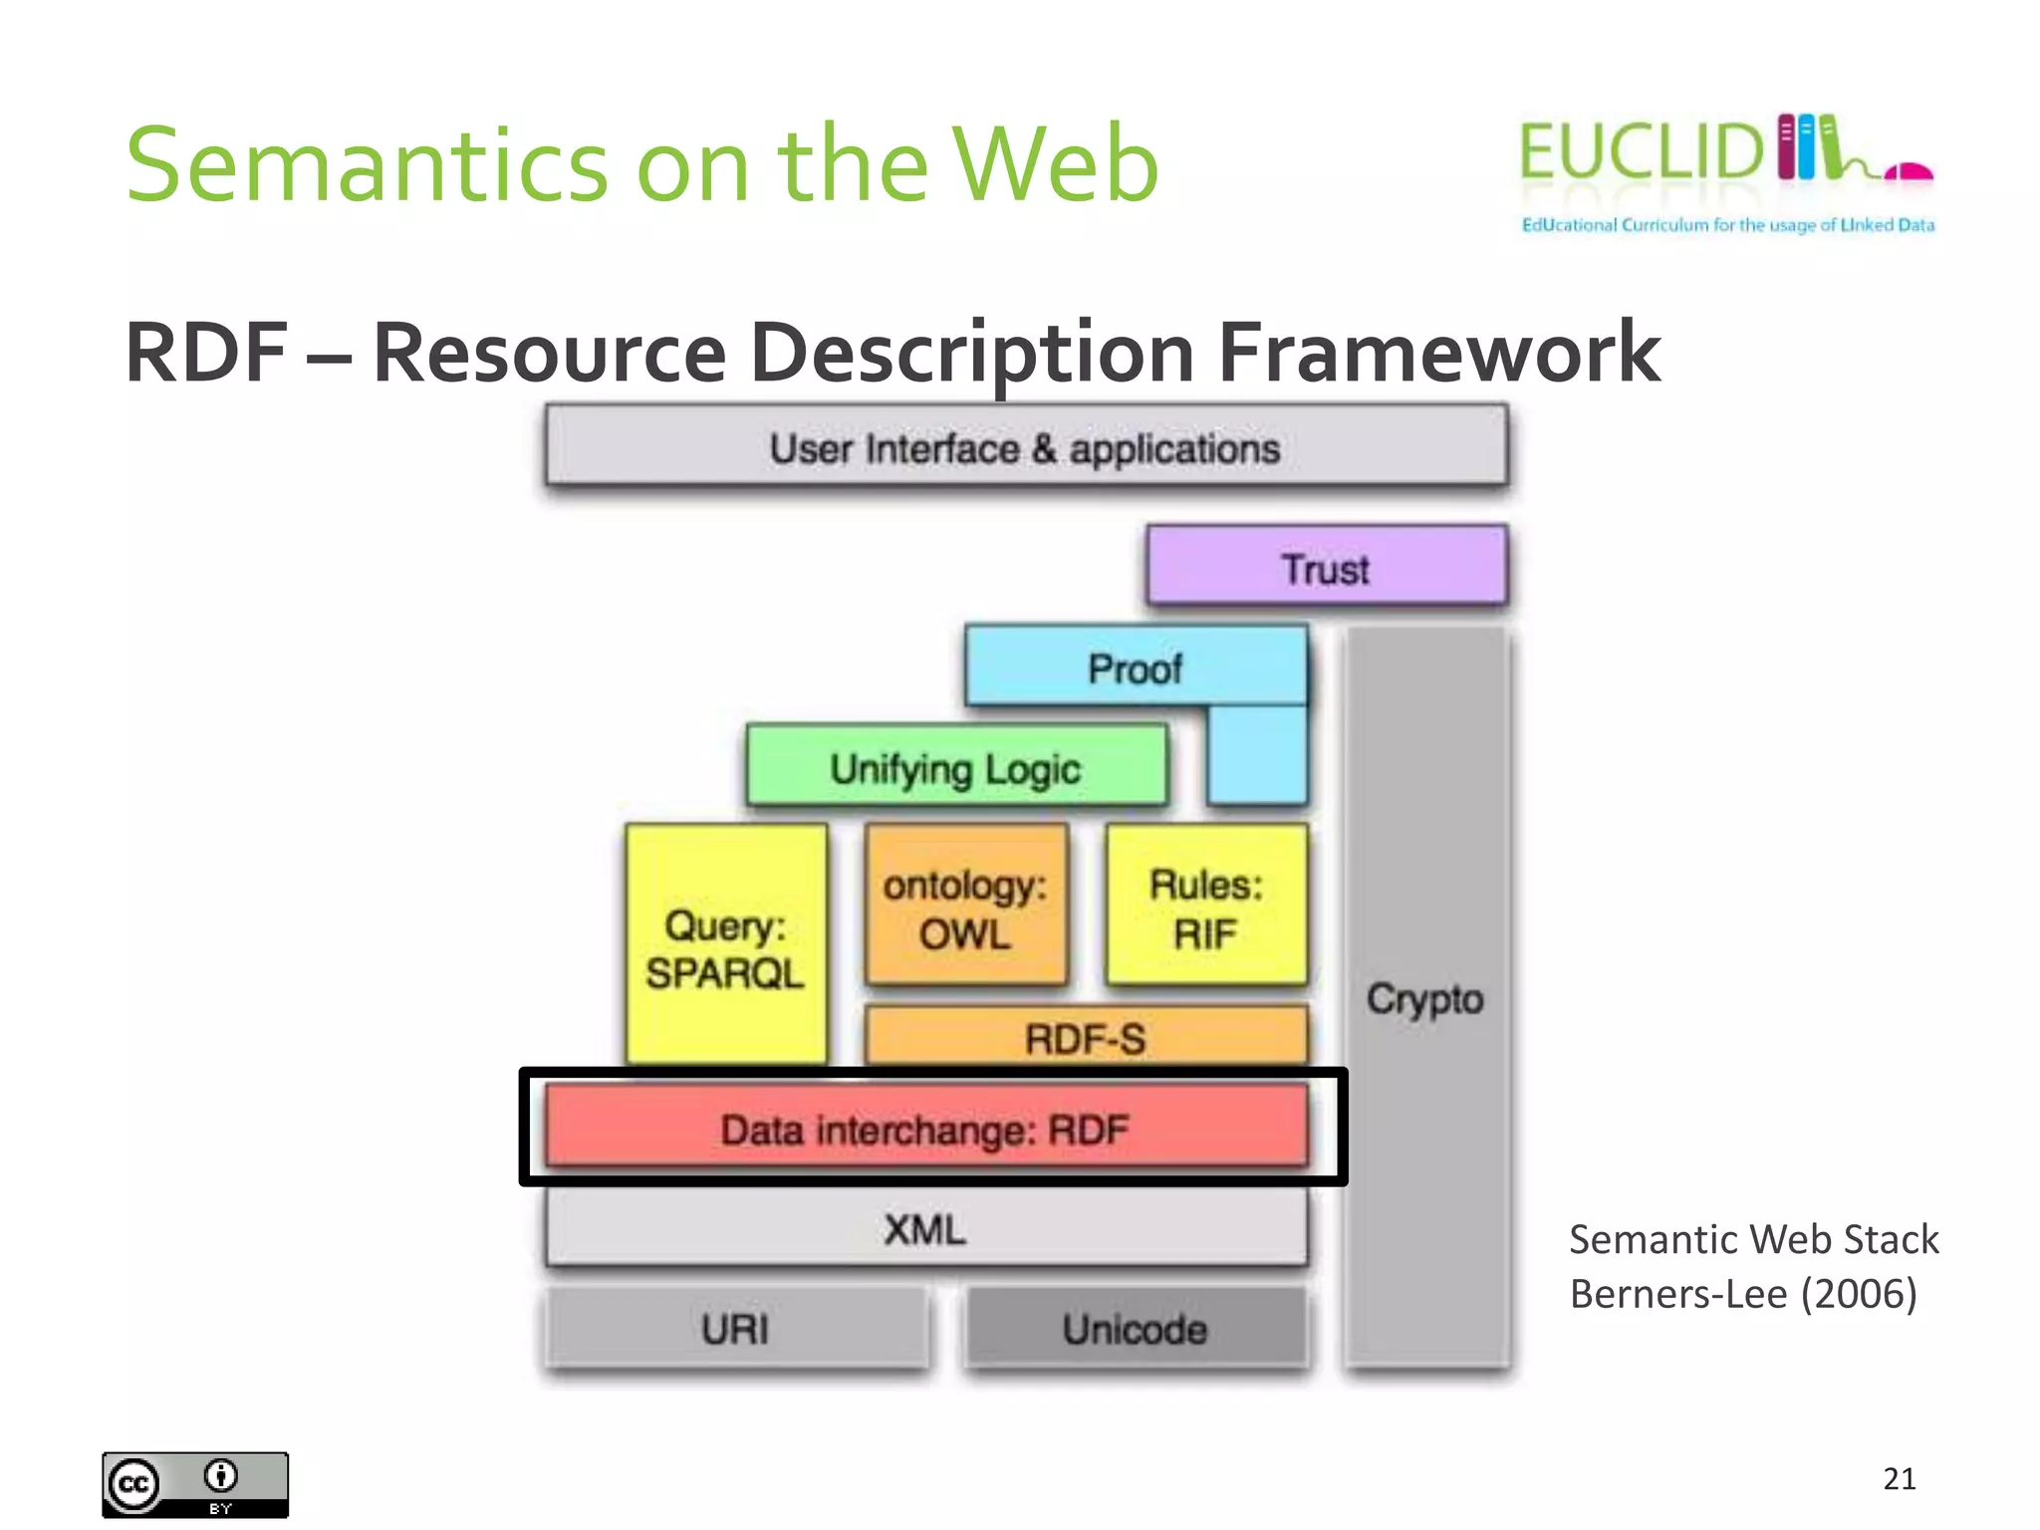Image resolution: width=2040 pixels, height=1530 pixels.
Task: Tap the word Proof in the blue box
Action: coord(1135,668)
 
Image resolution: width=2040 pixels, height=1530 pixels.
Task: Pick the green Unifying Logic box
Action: coord(956,767)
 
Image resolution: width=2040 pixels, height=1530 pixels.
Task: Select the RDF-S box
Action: coord(1085,1037)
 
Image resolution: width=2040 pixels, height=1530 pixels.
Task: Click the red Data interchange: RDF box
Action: coord(925,1129)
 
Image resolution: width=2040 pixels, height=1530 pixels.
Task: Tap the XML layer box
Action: coord(925,1228)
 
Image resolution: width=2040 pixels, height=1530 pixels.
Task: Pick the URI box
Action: coord(735,1328)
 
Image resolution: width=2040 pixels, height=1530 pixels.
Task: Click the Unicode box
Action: coord(1135,1328)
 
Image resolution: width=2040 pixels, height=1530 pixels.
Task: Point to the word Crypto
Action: coord(1424,998)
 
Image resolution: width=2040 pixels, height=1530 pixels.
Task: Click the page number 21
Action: coord(1899,1478)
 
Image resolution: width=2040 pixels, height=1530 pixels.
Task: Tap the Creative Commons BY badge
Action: coord(195,1484)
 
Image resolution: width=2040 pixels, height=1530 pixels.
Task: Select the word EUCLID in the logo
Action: coord(1642,151)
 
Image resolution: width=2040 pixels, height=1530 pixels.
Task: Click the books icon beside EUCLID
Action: coord(1808,147)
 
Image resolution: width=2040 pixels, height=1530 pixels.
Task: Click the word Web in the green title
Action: coord(1056,164)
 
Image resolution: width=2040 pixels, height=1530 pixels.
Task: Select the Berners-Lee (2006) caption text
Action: coord(1742,1294)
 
